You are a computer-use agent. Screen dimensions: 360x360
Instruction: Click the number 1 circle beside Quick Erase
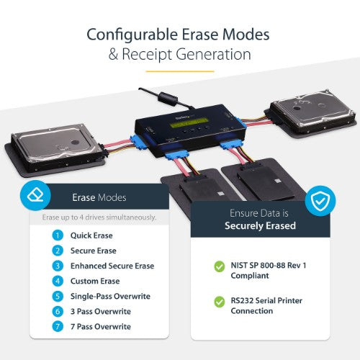pyautogui.click(x=58, y=235)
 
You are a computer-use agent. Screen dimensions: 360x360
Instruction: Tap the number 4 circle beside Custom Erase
pyautogui.click(x=58, y=281)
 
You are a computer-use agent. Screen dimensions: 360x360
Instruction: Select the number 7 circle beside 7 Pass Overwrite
pyautogui.click(x=58, y=327)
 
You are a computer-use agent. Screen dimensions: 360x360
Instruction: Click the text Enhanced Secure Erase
pyautogui.click(x=112, y=266)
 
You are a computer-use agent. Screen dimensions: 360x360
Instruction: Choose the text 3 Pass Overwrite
pyautogui.click(x=102, y=312)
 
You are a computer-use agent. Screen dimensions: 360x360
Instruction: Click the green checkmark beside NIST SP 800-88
pyautogui.click(x=219, y=266)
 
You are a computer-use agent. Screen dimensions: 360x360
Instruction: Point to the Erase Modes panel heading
pyautogui.click(x=99, y=197)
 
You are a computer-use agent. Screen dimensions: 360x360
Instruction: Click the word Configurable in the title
pyautogui.click(x=127, y=35)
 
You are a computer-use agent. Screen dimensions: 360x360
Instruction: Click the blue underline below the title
pyautogui.click(x=180, y=71)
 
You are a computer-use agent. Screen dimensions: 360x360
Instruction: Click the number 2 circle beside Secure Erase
pyautogui.click(x=58, y=251)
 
